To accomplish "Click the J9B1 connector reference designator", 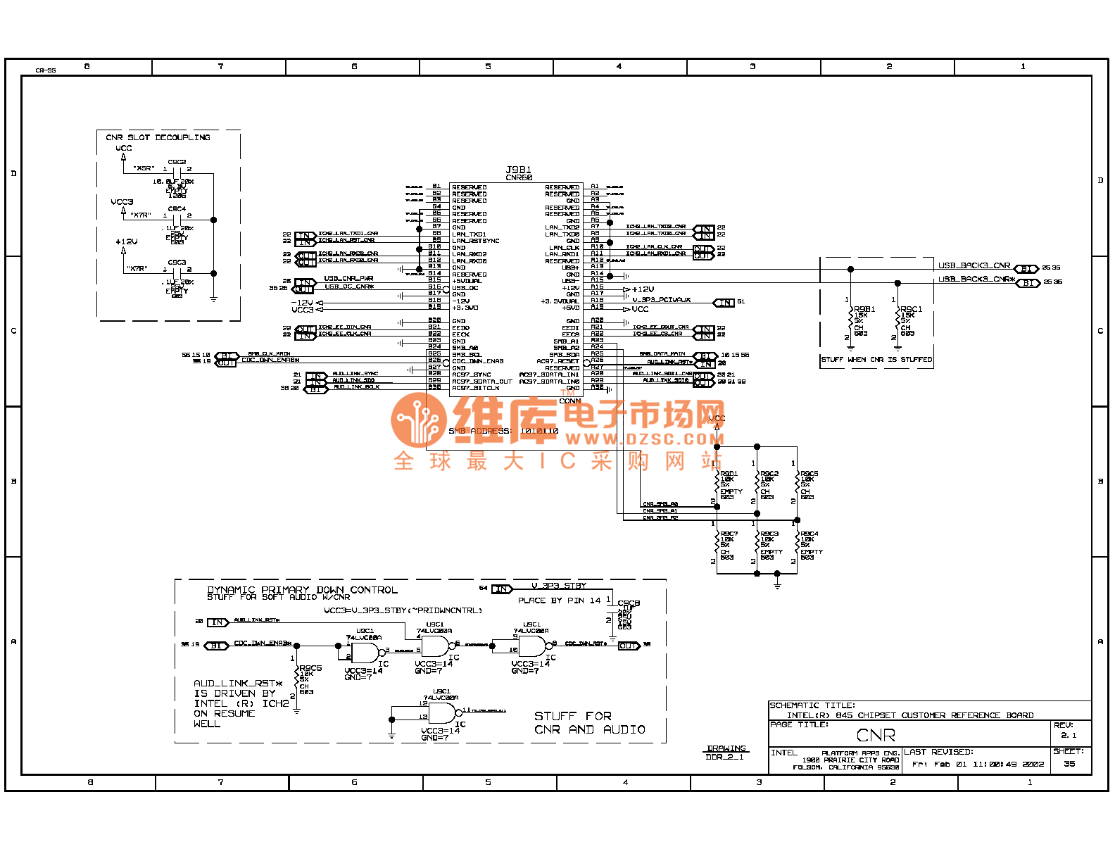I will tap(519, 170).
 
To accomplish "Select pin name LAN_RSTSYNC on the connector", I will tap(476, 241).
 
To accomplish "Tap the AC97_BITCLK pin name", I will tap(476, 388).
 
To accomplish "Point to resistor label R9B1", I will tap(864, 309).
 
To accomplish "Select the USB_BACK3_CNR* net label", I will tap(976, 279).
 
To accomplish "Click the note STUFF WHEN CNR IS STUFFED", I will tap(876, 360).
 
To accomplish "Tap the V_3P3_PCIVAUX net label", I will tap(661, 300).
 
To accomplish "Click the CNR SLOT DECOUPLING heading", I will tap(158, 137).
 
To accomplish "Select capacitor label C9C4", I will tap(177, 209).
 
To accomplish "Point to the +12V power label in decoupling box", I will tap(127, 241).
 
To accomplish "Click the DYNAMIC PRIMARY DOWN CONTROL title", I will tap(302, 590).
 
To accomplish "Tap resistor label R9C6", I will tap(310, 668).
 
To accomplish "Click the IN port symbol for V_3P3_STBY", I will tap(502, 589).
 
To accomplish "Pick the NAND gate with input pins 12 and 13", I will tap(442, 713).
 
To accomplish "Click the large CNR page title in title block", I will tap(876, 736).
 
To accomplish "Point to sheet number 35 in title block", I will tap(1069, 764).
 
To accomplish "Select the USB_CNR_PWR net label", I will tap(348, 279).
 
